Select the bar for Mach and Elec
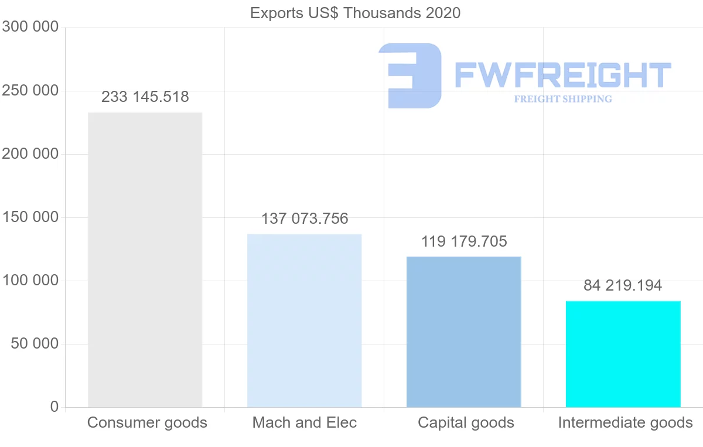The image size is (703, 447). pos(305,320)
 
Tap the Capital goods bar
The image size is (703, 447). pos(463,332)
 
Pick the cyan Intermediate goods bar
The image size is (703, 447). pos(623,354)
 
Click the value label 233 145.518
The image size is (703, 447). pos(145,97)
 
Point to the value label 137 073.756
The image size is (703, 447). pos(305,219)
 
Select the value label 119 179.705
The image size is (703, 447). pos(464,241)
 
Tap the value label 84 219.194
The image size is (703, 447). pos(623,285)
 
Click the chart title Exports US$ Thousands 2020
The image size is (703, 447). pos(355,13)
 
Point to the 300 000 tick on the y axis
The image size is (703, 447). pos(30,27)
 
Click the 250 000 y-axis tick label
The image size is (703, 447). pos(30,91)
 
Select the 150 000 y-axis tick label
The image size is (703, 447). pos(30,217)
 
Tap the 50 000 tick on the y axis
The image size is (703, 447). pos(35,343)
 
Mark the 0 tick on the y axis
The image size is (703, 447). pos(54,407)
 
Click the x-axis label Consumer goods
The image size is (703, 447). pos(147,422)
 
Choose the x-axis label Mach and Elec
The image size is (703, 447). pos(305,422)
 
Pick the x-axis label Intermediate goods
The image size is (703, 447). pos(625,422)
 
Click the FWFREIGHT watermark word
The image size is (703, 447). pos(562,75)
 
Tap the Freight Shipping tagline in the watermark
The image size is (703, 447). pos(563,99)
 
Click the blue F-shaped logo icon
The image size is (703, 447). pos(410,75)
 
